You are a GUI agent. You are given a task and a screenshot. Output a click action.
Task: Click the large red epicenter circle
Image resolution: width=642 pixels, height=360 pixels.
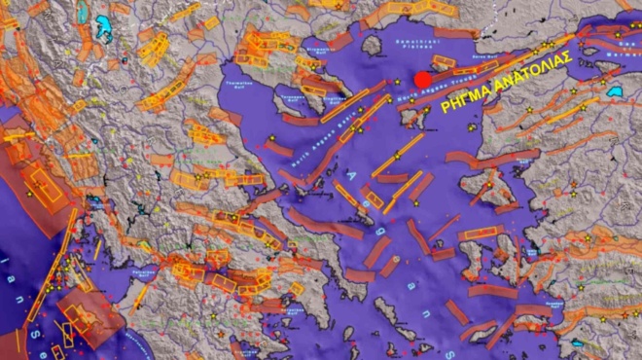pyautogui.click(x=422, y=80)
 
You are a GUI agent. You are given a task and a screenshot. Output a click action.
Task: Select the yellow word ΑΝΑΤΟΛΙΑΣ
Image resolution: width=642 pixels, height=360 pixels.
pyautogui.click(x=530, y=73)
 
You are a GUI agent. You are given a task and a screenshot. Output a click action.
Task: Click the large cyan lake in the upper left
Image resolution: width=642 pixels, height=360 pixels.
pyautogui.click(x=103, y=28)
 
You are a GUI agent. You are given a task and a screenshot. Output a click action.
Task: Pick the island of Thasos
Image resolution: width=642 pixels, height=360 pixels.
pyautogui.click(x=371, y=46)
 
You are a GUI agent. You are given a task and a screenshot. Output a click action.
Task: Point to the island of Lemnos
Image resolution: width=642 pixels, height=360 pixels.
pyautogui.click(x=415, y=118)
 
